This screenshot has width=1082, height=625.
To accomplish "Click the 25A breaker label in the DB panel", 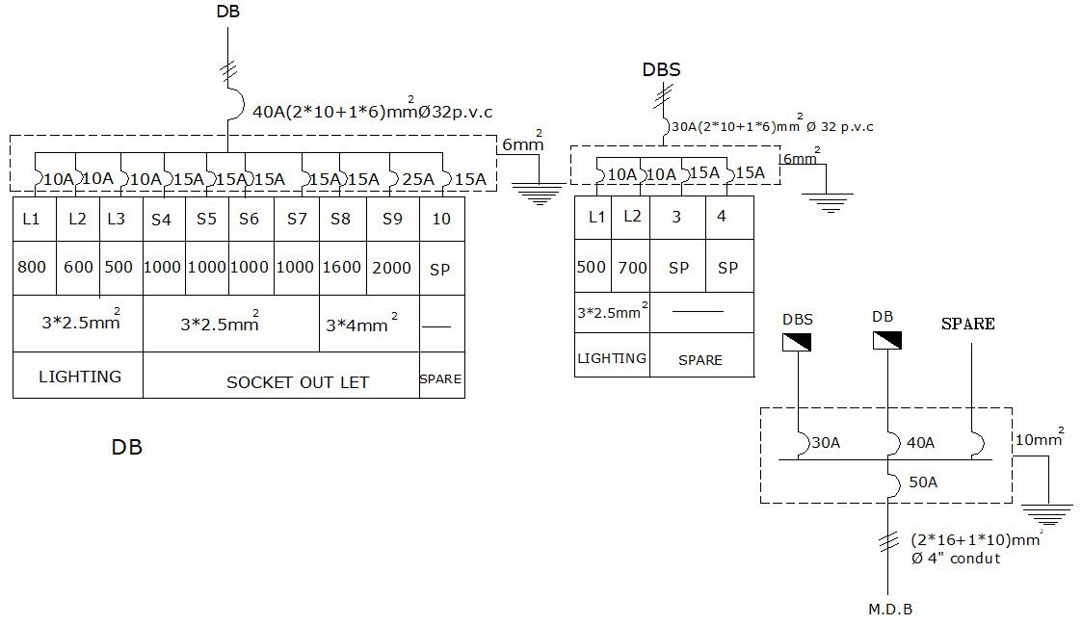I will pos(418,179).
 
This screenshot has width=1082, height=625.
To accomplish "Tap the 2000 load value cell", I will pos(392,268).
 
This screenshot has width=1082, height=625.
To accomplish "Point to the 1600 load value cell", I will pos(341,268).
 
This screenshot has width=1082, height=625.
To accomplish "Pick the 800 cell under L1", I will pos(32,268).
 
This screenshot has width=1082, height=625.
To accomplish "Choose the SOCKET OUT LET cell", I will pos(297,382).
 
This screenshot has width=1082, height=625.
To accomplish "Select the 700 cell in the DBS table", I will pos(632,267).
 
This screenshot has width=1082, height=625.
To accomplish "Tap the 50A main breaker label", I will pos(922,482).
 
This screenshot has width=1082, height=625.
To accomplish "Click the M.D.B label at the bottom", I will pos(890,609).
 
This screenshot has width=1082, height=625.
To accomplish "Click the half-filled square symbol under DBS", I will pos(797,342).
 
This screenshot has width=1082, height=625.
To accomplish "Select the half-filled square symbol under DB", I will pos(886,342).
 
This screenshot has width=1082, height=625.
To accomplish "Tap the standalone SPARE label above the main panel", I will pos(967,324).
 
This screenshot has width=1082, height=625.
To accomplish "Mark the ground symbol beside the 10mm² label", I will pos(1045,514).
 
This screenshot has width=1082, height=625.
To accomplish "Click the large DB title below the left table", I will pos(126,448).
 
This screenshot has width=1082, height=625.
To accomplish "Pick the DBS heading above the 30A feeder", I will pos(661,70).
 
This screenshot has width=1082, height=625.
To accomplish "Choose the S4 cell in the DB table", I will pos(161,219).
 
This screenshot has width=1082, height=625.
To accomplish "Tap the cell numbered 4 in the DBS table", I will pos(722,217).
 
